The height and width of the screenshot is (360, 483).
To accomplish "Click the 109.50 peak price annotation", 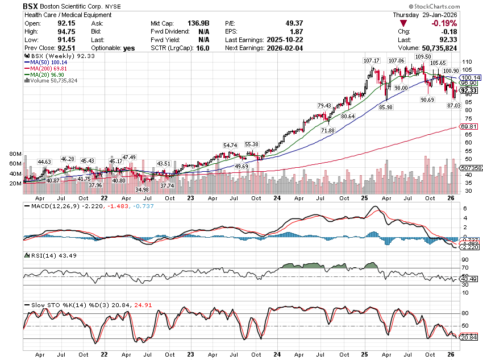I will [423, 57].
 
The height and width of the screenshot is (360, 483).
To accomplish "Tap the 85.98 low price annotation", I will [386, 107].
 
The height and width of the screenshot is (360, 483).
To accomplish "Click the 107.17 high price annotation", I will [372, 60].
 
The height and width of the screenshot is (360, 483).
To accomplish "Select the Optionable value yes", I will [130, 48].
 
